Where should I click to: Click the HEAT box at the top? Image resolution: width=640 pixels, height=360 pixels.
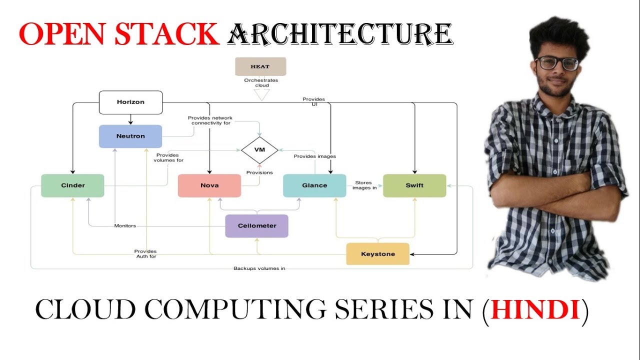pyautogui.click(x=260, y=66)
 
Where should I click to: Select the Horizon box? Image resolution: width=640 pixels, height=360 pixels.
pyautogui.click(x=130, y=102)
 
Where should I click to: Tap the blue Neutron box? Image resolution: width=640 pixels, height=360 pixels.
pyautogui.click(x=130, y=136)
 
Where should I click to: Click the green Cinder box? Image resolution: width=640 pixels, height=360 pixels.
pyautogui.click(x=72, y=185)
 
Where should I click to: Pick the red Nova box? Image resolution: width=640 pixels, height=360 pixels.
pyautogui.click(x=209, y=185)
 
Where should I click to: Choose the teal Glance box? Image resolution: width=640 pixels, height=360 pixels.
pyautogui.click(x=314, y=185)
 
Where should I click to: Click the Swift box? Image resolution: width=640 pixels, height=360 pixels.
pyautogui.click(x=414, y=185)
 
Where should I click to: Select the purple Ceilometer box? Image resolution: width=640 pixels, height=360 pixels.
pyautogui.click(x=257, y=226)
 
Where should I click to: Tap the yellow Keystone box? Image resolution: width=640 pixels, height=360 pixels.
pyautogui.click(x=378, y=254)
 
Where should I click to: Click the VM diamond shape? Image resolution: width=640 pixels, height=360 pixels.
pyautogui.click(x=259, y=150)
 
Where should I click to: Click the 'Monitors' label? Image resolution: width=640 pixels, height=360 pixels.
pyautogui.click(x=125, y=226)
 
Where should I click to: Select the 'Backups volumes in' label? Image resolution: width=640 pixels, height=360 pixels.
pyautogui.click(x=259, y=268)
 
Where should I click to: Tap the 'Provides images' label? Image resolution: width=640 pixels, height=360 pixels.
pyautogui.click(x=314, y=156)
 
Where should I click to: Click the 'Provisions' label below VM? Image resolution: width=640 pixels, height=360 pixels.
pyautogui.click(x=259, y=172)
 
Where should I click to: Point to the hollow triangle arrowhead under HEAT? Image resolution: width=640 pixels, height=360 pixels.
pyautogui.click(x=261, y=94)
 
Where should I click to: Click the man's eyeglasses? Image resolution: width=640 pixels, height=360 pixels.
pyautogui.click(x=556, y=63)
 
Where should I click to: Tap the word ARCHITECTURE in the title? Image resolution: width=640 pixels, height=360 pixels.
pyautogui.click(x=340, y=33)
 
